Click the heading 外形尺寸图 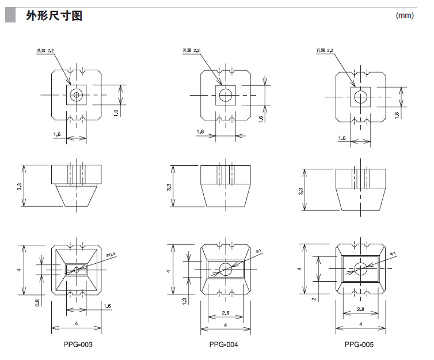pos(54,16)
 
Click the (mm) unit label pos(405,16)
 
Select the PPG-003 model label pos(78,344)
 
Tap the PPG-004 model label pos(224,344)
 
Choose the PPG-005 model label pos(360,344)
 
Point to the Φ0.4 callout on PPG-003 pos(111,254)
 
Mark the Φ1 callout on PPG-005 pos(393,253)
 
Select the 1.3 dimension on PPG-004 pos(183,301)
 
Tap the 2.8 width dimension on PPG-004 pos(225,312)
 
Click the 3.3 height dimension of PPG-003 pos(20,187)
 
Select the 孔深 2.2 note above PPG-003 pos(45,52)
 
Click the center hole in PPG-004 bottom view pos(225,268)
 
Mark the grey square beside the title pos(11,16)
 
